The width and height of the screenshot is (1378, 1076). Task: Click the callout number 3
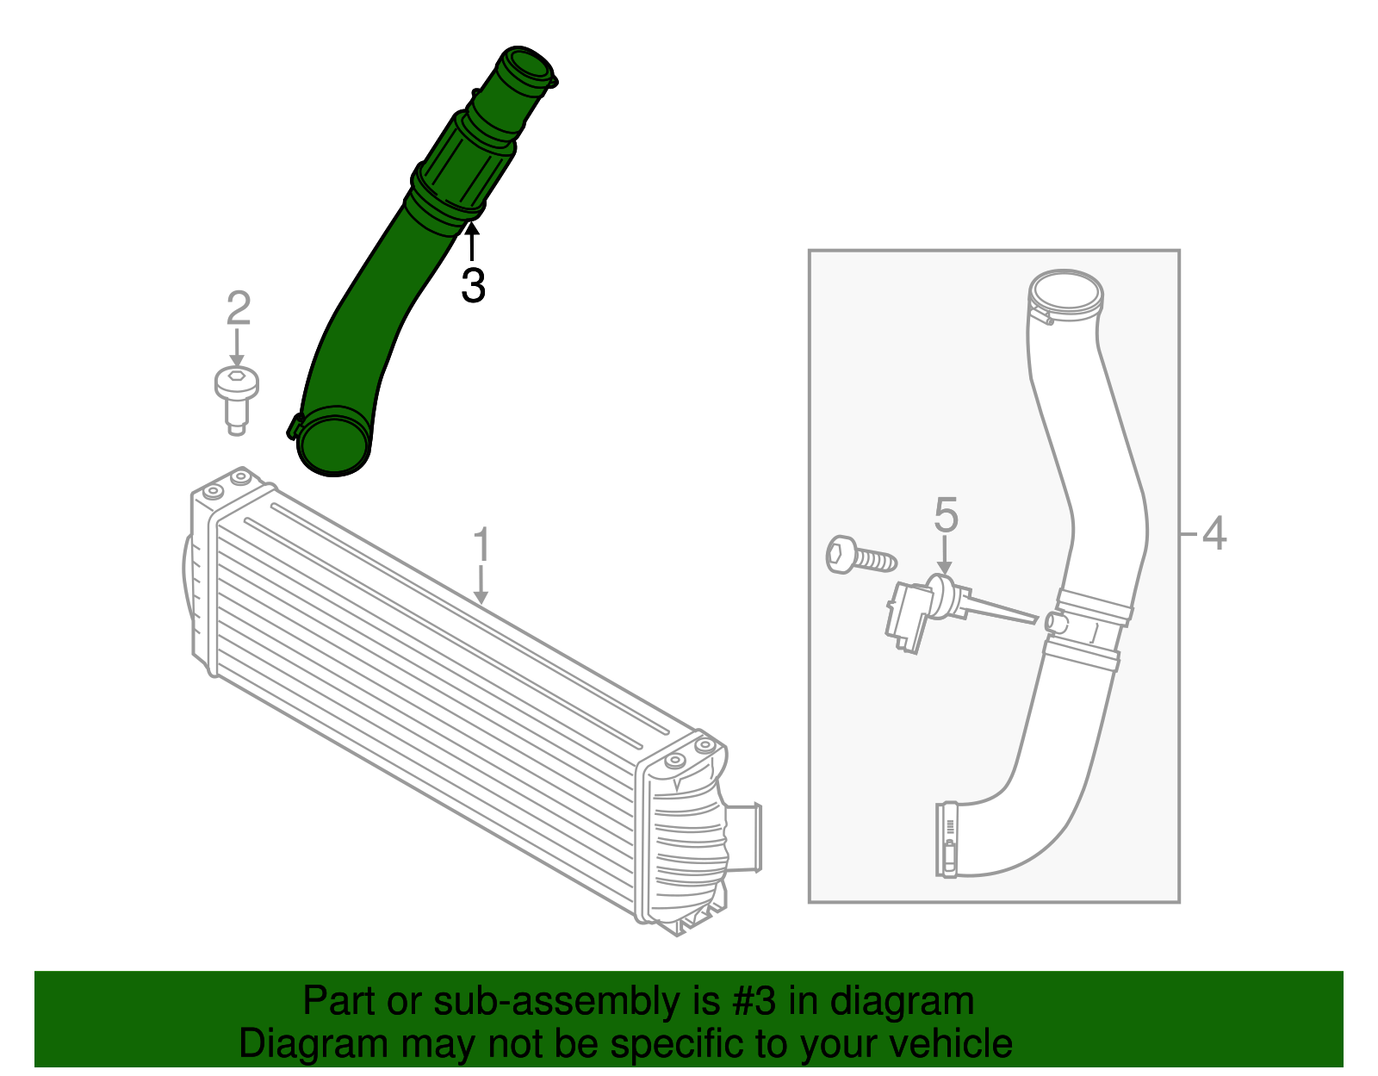pyautogui.click(x=473, y=285)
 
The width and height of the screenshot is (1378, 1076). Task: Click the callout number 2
pyautogui.click(x=239, y=308)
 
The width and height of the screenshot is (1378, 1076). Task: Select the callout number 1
pyautogui.click(x=481, y=545)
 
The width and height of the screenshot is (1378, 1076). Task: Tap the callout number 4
pyautogui.click(x=1214, y=534)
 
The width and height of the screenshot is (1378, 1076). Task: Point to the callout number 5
pyautogui.click(x=946, y=515)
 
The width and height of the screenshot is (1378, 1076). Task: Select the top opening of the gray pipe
pyautogui.click(x=1066, y=292)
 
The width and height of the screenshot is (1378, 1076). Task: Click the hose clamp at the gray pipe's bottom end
pyautogui.click(x=947, y=840)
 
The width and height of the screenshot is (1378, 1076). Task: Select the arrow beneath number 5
pyautogui.click(x=946, y=556)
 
